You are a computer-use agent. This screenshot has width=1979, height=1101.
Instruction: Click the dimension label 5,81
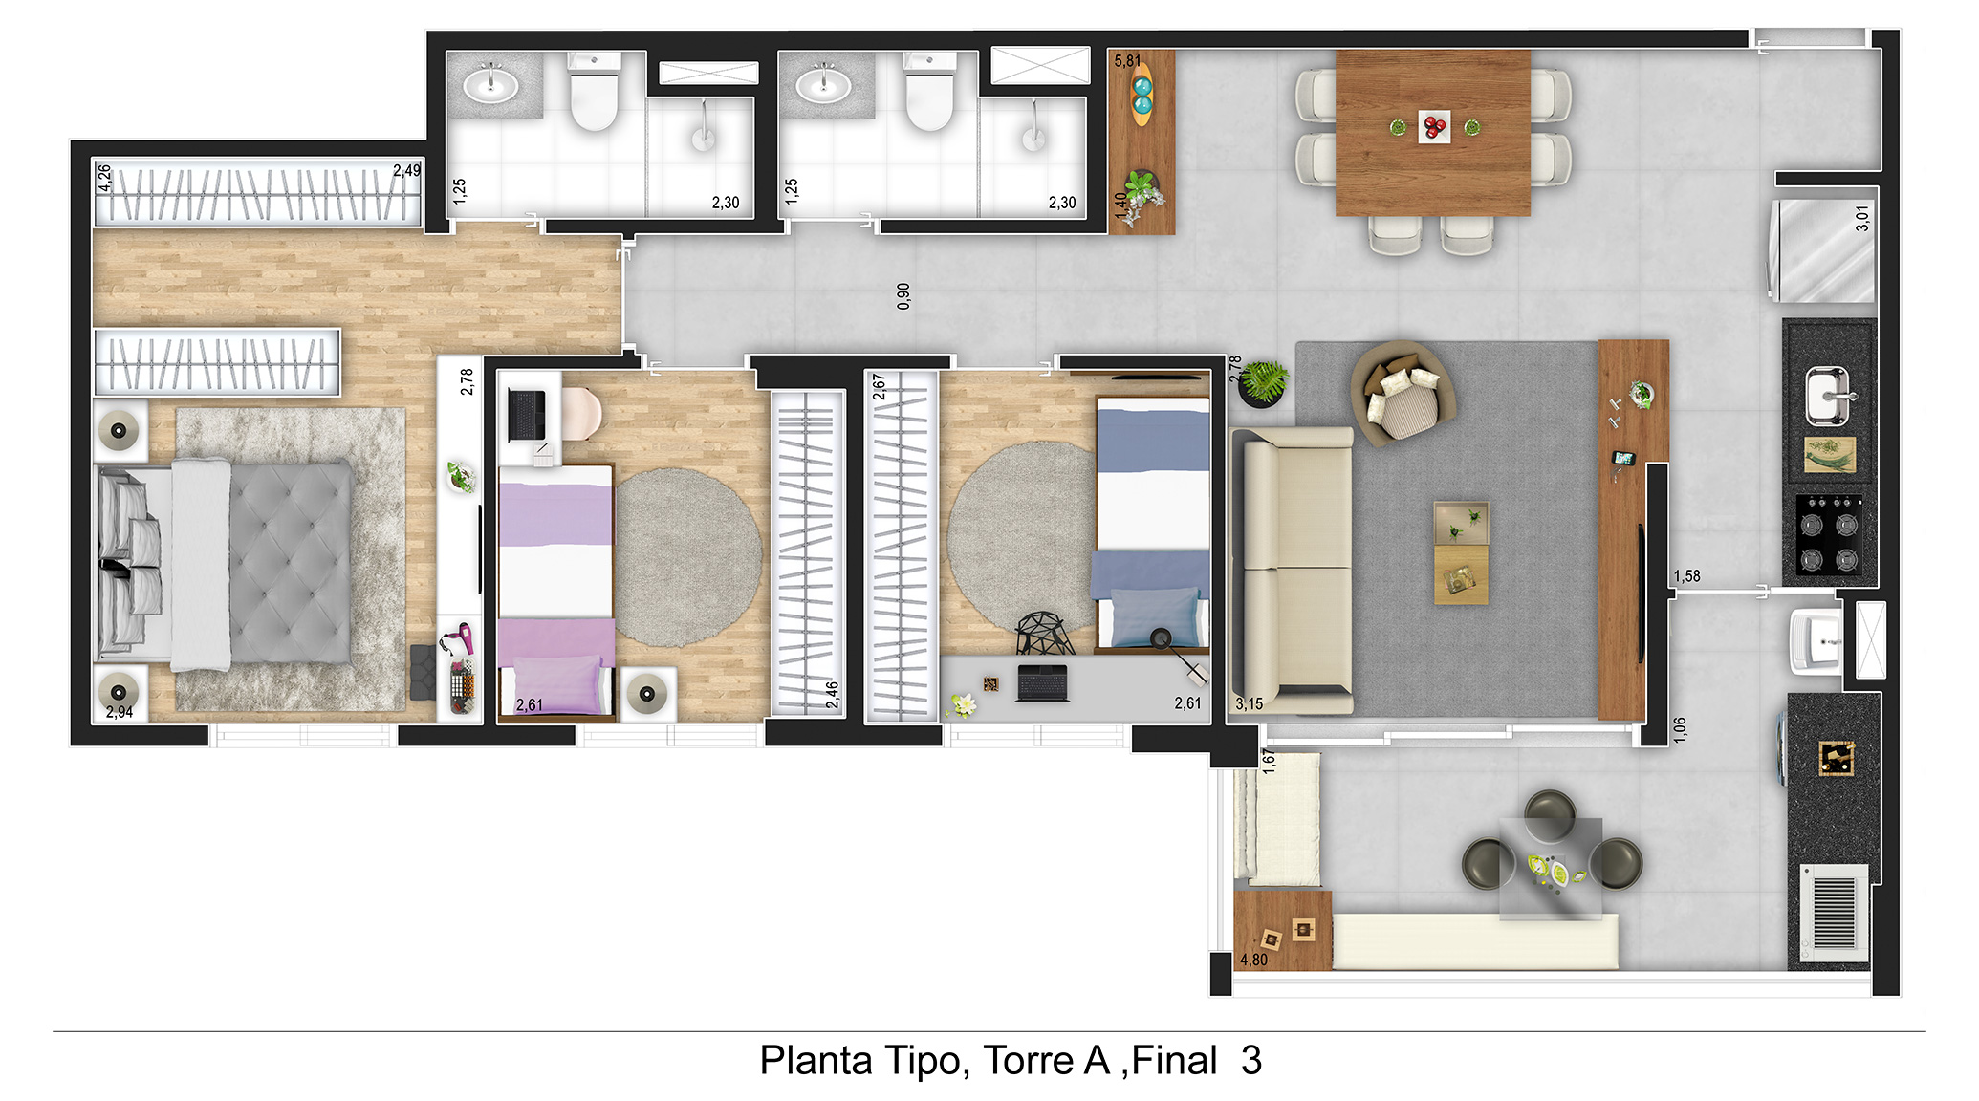pyautogui.click(x=1127, y=61)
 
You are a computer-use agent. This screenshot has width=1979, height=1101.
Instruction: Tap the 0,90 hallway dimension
pyautogui.click(x=903, y=296)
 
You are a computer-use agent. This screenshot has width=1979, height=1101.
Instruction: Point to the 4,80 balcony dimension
pyautogui.click(x=1253, y=960)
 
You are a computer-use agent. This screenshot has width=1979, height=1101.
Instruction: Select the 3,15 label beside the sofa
pyautogui.click(x=1249, y=703)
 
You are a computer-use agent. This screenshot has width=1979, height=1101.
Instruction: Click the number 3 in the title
pyautogui.click(x=1251, y=1061)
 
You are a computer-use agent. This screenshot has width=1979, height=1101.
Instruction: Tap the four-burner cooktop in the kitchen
pyautogui.click(x=1828, y=534)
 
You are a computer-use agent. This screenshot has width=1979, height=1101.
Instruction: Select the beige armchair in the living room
pyautogui.click(x=1403, y=393)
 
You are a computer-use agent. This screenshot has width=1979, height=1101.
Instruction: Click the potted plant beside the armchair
pyautogui.click(x=1262, y=382)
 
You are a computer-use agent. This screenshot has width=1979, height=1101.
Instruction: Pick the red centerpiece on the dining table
pyautogui.click(x=1434, y=126)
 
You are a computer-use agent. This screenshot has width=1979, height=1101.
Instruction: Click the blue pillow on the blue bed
pyautogui.click(x=1155, y=616)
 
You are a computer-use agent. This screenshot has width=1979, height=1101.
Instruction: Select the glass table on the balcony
pyautogui.click(x=1551, y=869)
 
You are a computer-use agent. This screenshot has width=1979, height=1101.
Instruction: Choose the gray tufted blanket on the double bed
pyautogui.click(x=291, y=564)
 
